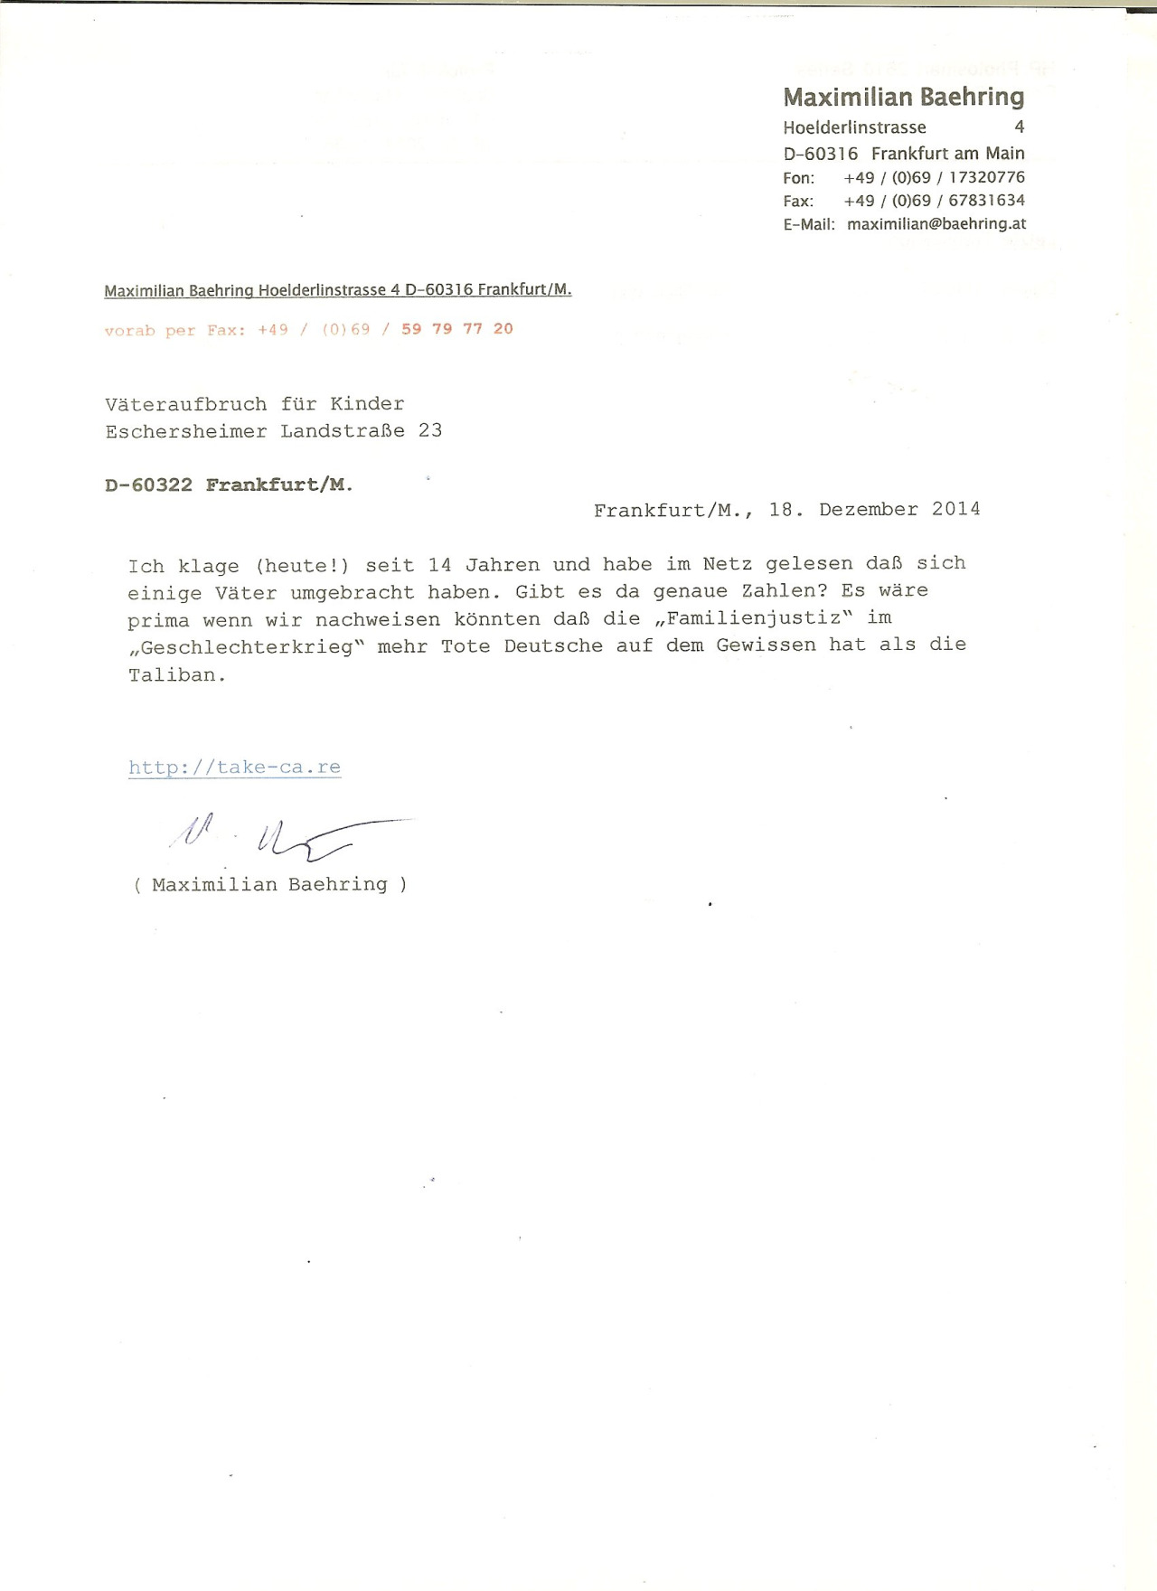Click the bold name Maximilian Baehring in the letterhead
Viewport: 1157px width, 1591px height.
point(903,98)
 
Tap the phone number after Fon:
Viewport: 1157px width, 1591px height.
point(934,177)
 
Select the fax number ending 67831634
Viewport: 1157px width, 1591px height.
point(934,201)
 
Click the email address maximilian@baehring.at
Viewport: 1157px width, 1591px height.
point(936,223)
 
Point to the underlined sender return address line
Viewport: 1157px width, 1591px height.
point(337,290)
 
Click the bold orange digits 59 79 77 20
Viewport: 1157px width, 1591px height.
point(457,329)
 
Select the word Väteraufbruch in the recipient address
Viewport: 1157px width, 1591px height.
point(185,404)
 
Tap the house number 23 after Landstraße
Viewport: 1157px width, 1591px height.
point(430,430)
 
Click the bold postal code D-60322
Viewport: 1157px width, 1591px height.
point(148,485)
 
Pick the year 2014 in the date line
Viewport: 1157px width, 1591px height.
point(955,509)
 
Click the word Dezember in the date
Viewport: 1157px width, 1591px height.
point(868,509)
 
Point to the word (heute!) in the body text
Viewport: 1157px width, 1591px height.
point(302,566)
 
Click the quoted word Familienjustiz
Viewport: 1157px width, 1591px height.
point(753,618)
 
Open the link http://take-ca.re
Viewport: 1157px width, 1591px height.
point(234,767)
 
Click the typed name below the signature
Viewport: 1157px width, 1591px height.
point(269,885)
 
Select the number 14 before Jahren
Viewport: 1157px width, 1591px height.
point(439,565)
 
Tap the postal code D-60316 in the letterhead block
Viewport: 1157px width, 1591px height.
point(820,154)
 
